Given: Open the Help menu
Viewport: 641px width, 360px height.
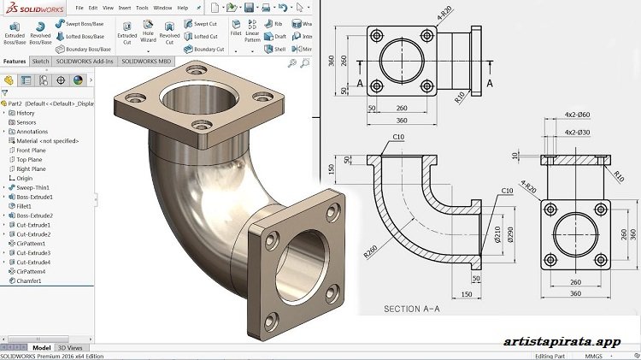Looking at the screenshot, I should (182, 8).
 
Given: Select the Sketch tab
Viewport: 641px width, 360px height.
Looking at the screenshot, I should (40, 62).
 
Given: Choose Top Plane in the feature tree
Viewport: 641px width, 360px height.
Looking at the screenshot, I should (32, 159).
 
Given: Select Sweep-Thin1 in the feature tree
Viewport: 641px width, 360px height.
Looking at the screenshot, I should (33, 187).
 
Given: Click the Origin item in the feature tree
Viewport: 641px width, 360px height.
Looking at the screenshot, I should (25, 178).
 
